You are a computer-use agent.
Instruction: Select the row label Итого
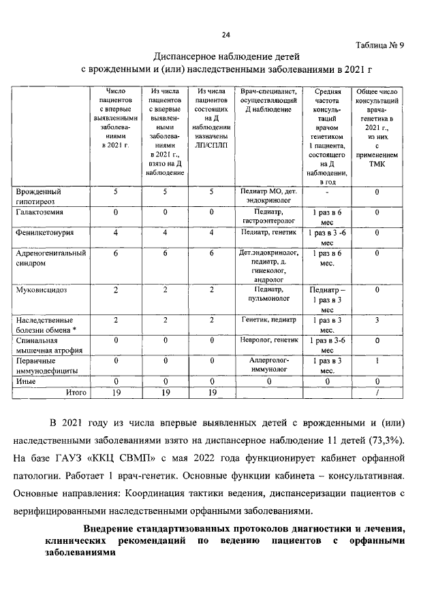[76, 392]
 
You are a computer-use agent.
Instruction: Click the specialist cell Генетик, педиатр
[268, 319]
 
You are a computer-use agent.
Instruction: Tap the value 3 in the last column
[376, 319]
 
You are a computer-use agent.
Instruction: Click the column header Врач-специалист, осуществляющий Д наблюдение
[268, 100]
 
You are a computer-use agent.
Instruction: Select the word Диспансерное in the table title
[185, 56]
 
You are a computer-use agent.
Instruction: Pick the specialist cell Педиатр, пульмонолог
[268, 295]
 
